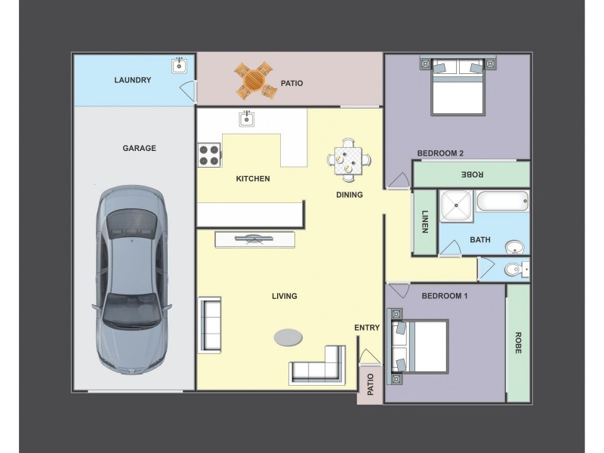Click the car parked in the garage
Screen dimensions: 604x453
pos(131,280)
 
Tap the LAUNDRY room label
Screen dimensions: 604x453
pos(133,80)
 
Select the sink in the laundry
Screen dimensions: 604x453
pos(179,66)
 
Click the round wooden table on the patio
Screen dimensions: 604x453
pos(254,80)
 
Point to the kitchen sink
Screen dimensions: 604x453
pos(247,119)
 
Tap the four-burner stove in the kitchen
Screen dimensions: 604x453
pos(209,155)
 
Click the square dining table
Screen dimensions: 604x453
pos(349,160)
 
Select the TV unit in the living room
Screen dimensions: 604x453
pos(254,239)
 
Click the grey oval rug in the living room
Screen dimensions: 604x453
pos(288,337)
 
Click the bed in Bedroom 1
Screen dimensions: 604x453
pos(420,347)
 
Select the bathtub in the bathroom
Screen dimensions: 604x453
pos(502,201)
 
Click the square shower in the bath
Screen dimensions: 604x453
pos(457,205)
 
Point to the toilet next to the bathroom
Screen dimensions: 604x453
pos(516,270)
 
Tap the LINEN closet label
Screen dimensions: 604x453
pos(425,221)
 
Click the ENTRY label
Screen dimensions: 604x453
pos(367,328)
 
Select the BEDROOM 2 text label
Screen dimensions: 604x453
pos(440,153)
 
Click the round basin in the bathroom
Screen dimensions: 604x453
pos(515,247)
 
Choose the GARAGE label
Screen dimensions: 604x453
pos(140,148)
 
